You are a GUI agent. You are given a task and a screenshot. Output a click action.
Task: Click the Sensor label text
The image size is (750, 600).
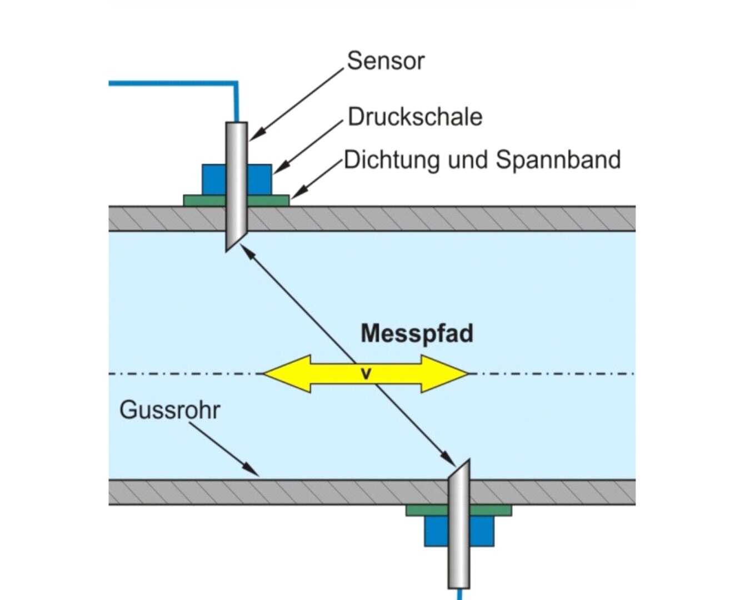386,61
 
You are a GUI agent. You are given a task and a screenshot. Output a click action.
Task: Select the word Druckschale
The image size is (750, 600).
415,117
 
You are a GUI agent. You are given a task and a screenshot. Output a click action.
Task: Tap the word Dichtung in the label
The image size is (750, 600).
392,161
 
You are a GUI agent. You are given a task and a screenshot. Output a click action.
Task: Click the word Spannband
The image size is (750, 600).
558,161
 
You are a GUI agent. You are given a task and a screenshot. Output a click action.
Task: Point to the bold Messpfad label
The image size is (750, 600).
417,334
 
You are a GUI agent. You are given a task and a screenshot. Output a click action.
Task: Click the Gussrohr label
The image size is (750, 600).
170,410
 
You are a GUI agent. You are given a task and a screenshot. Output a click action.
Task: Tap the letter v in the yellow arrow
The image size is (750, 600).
366,374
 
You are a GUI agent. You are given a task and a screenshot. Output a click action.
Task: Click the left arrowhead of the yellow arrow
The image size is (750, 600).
287,374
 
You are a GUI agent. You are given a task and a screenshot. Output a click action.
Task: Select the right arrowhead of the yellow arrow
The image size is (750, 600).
444,374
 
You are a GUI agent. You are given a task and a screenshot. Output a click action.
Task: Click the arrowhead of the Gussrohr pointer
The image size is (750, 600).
252,471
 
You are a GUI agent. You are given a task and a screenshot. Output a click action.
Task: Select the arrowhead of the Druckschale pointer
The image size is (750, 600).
281,168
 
